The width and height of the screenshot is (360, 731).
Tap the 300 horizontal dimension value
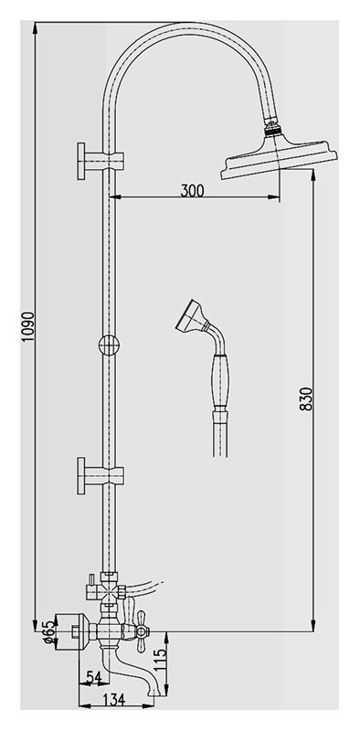[x=192, y=190]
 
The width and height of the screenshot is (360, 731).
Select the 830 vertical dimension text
[x=305, y=398]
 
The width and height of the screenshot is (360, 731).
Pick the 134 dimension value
[x=113, y=700]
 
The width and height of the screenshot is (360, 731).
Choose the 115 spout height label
[x=160, y=660]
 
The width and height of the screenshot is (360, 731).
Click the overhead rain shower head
[x=279, y=157]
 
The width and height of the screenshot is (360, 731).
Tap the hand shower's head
[x=191, y=316]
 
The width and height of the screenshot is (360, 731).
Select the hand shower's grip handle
[x=220, y=381]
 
